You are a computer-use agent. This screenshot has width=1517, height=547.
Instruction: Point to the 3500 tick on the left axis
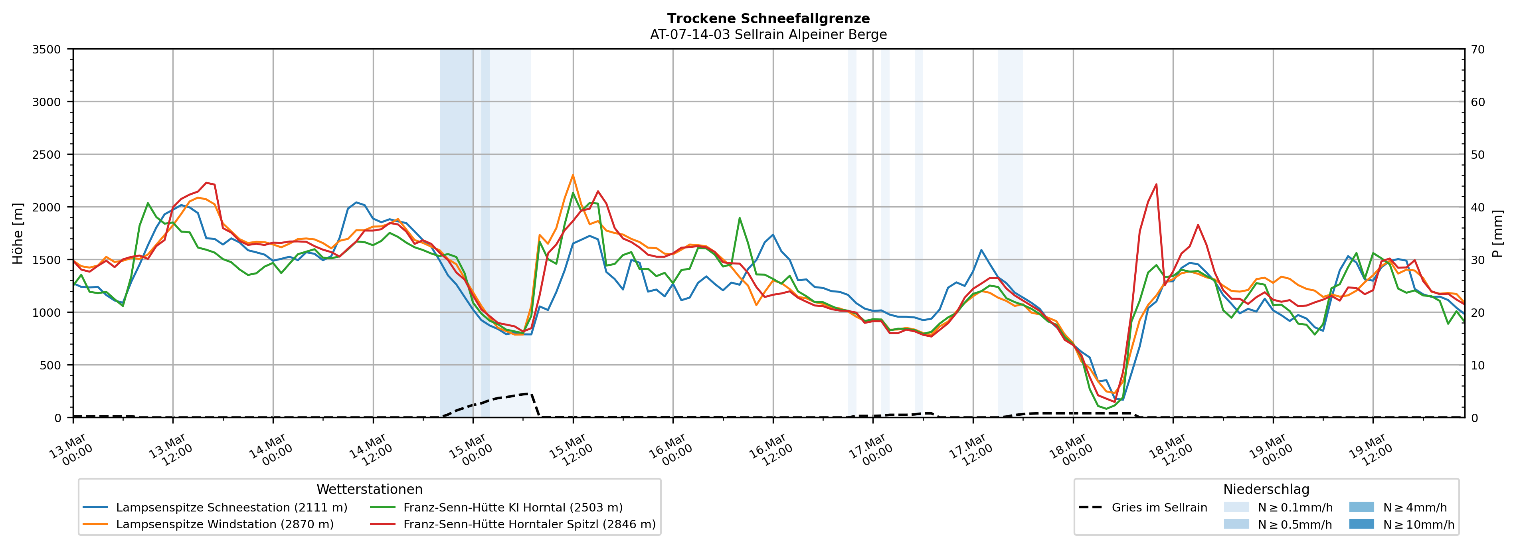(47, 49)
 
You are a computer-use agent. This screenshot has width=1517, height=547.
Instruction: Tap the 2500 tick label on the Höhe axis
(47, 155)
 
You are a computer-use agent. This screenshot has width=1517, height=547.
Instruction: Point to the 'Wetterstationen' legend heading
(369, 489)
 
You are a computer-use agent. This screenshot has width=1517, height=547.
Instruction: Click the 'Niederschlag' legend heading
(1266, 489)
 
